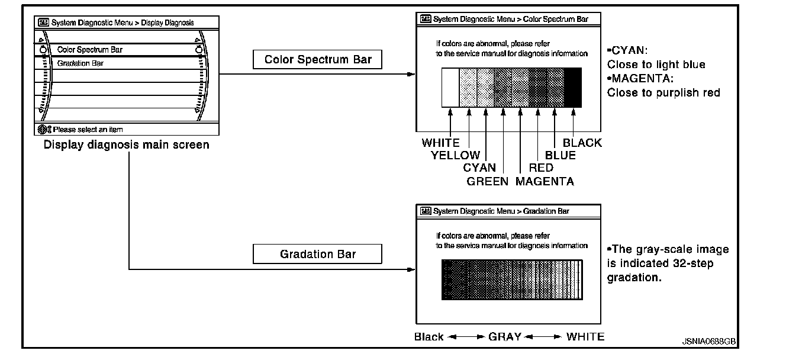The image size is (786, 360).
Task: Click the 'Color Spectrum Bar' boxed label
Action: (318, 60)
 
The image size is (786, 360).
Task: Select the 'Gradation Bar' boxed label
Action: (318, 255)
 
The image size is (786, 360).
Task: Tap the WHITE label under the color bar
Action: (440, 143)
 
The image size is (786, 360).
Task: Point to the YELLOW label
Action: (455, 156)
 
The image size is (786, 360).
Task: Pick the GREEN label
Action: (487, 182)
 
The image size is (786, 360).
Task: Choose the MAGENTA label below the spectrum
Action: (545, 182)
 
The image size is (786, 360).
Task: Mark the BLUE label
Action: (560, 156)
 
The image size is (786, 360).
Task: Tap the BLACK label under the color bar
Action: (582, 143)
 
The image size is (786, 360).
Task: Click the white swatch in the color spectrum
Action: (450, 87)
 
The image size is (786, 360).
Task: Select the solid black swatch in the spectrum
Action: (573, 87)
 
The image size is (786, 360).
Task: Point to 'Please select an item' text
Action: (88, 129)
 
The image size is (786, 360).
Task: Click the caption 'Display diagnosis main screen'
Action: (126, 145)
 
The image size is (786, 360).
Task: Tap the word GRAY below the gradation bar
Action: (504, 337)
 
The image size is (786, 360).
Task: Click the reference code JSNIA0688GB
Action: (708, 342)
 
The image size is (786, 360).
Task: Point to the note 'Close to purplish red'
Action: (663, 93)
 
